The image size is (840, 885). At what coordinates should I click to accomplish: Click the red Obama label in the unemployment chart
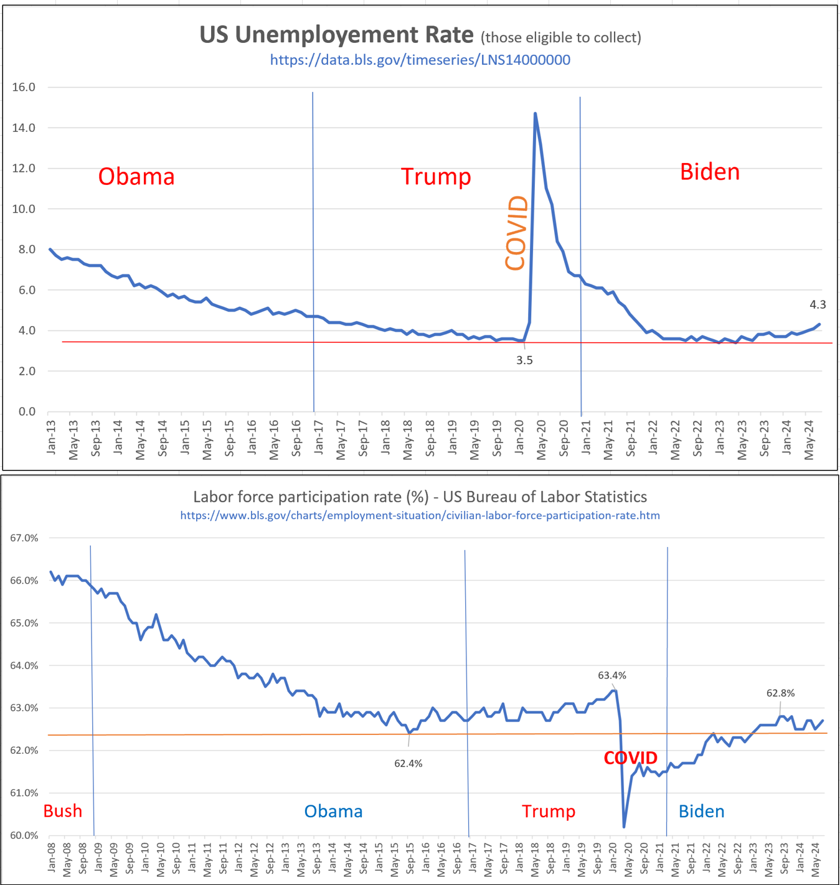pyautogui.click(x=136, y=177)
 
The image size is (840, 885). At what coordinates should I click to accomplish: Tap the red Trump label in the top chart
pyautogui.click(x=436, y=177)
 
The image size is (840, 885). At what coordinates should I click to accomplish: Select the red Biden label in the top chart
pyautogui.click(x=709, y=172)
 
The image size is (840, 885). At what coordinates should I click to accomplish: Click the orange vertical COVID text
pyautogui.click(x=517, y=233)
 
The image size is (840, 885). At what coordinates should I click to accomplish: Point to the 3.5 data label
pyautogui.click(x=524, y=360)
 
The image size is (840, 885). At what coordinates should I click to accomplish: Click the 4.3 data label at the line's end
pyautogui.click(x=817, y=304)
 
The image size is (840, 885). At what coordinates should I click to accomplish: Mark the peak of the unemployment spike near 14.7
pyautogui.click(x=535, y=113)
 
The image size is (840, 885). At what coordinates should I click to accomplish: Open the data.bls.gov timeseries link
pyautogui.click(x=420, y=60)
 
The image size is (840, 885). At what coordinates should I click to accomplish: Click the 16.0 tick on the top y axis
pyautogui.click(x=24, y=87)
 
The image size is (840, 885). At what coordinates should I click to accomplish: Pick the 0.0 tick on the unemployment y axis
pyautogui.click(x=27, y=411)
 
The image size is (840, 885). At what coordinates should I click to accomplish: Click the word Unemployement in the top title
pyautogui.click(x=336, y=35)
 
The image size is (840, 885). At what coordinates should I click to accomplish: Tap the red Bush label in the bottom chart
pyautogui.click(x=63, y=811)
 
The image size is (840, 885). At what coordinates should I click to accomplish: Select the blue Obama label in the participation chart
pyautogui.click(x=333, y=812)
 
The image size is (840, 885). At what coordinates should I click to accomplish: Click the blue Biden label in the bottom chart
pyautogui.click(x=701, y=812)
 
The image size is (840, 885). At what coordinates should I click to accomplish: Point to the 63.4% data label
pyautogui.click(x=611, y=675)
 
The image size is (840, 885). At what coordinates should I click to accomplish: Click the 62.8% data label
pyautogui.click(x=780, y=693)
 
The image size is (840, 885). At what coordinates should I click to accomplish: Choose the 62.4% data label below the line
pyautogui.click(x=408, y=764)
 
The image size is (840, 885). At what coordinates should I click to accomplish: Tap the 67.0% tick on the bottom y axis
pyautogui.click(x=24, y=538)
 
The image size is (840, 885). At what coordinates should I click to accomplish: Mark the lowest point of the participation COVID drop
pyautogui.click(x=624, y=826)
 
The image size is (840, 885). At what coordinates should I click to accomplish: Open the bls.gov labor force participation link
pyautogui.click(x=420, y=515)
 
